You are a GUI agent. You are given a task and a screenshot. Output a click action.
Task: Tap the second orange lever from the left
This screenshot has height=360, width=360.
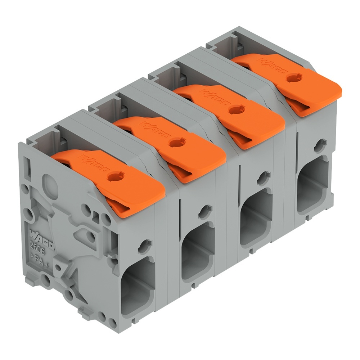(x=173, y=144)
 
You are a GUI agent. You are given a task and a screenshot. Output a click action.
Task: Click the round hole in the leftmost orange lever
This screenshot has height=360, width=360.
(x=116, y=176)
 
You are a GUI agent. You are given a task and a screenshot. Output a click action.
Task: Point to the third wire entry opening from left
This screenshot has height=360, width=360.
(x=256, y=218)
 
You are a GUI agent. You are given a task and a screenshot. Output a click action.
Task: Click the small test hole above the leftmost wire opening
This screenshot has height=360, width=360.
(x=146, y=244)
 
